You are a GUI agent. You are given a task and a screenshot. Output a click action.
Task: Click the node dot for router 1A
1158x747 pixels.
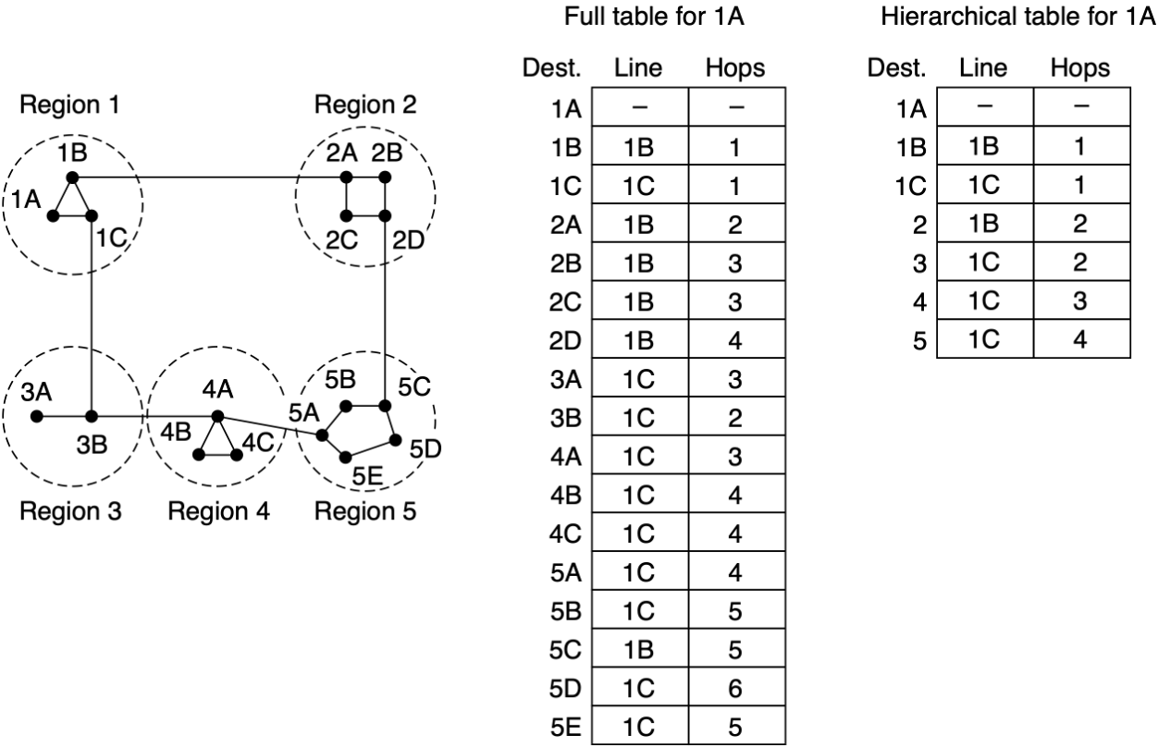point(53,216)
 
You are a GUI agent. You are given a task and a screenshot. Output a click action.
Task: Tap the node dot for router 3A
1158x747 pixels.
point(36,417)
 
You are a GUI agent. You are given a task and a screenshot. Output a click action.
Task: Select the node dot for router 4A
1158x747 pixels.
point(217,417)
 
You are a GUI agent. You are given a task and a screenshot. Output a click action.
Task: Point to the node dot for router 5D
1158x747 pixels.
point(395,439)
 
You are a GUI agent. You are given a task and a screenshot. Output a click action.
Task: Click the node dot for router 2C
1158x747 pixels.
point(345,216)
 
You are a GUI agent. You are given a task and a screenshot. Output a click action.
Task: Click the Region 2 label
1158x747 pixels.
point(365,104)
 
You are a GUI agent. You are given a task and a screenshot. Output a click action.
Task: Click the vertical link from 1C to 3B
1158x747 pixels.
point(91,314)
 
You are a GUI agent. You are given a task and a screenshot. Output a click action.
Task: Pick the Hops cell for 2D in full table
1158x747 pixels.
point(736,341)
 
